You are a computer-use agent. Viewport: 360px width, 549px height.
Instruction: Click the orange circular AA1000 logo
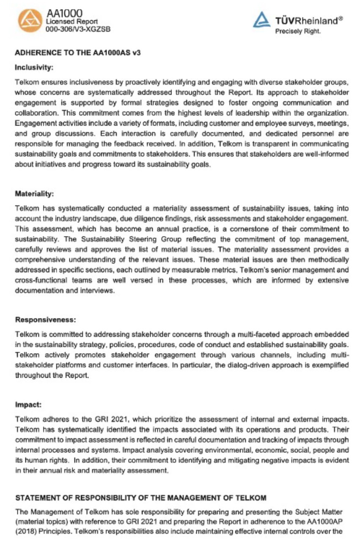[30, 20]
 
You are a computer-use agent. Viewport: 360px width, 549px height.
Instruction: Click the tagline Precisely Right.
[298, 31]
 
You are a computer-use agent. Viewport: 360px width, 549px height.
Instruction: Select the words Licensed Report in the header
[71, 21]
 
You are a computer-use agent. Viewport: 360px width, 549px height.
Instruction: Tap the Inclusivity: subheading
[33, 67]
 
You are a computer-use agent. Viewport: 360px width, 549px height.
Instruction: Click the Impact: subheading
[28, 404]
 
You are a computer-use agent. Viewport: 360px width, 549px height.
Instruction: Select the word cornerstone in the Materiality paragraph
[249, 229]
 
